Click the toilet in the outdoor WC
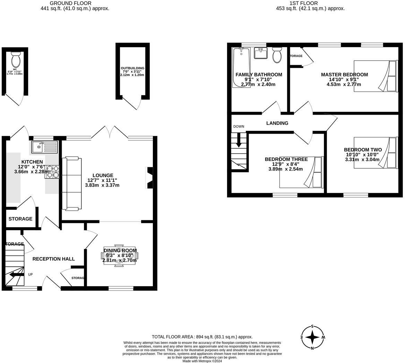point(16,60)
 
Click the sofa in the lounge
point(71,184)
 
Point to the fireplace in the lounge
point(149,178)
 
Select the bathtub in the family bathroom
point(241,68)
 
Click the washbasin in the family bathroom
point(260,53)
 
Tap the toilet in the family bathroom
point(277,55)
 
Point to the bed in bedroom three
point(301,172)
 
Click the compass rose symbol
point(312,337)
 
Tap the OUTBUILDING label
point(132,68)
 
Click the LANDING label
point(277,123)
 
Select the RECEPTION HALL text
point(53,259)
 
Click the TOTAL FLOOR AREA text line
point(202,337)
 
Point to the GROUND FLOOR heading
point(75,3)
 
